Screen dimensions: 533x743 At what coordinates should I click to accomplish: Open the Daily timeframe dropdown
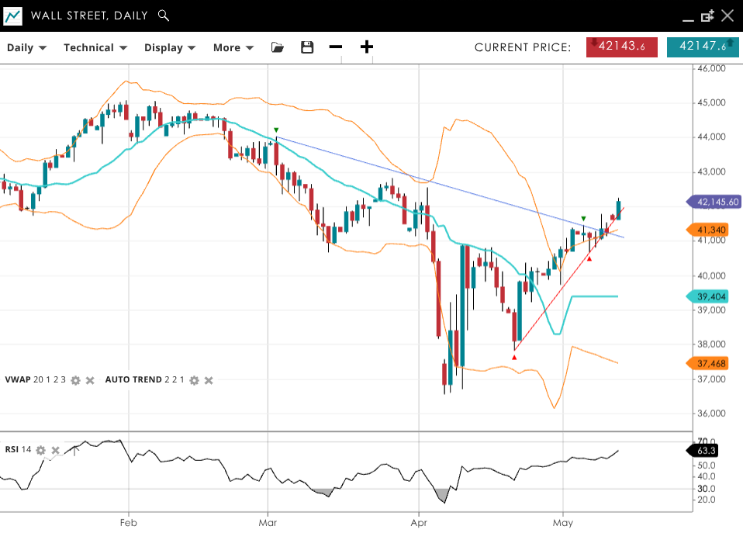(x=26, y=47)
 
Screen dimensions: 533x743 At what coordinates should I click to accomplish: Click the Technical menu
(x=95, y=47)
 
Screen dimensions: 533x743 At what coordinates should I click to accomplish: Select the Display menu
(x=169, y=47)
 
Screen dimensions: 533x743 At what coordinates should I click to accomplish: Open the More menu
(x=233, y=47)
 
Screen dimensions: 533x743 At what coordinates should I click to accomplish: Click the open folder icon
(x=278, y=47)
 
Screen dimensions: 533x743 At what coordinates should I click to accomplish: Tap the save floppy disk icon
(x=307, y=47)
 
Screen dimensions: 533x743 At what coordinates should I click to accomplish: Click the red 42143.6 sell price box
(x=622, y=47)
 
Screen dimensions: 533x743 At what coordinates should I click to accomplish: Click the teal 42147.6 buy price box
(x=703, y=47)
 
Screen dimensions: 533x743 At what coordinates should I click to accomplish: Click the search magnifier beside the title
(x=163, y=16)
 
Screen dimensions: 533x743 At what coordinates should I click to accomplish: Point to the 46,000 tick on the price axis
(x=712, y=68)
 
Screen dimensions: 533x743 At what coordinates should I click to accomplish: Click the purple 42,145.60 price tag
(x=714, y=202)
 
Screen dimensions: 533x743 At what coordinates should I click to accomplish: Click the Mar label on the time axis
(x=268, y=523)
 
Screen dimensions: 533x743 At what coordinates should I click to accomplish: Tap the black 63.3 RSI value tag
(x=706, y=451)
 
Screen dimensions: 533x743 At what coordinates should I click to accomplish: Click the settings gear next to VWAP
(x=75, y=380)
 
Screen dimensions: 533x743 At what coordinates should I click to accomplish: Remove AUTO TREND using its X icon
(x=209, y=380)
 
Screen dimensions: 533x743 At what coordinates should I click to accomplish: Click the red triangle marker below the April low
(x=514, y=356)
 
